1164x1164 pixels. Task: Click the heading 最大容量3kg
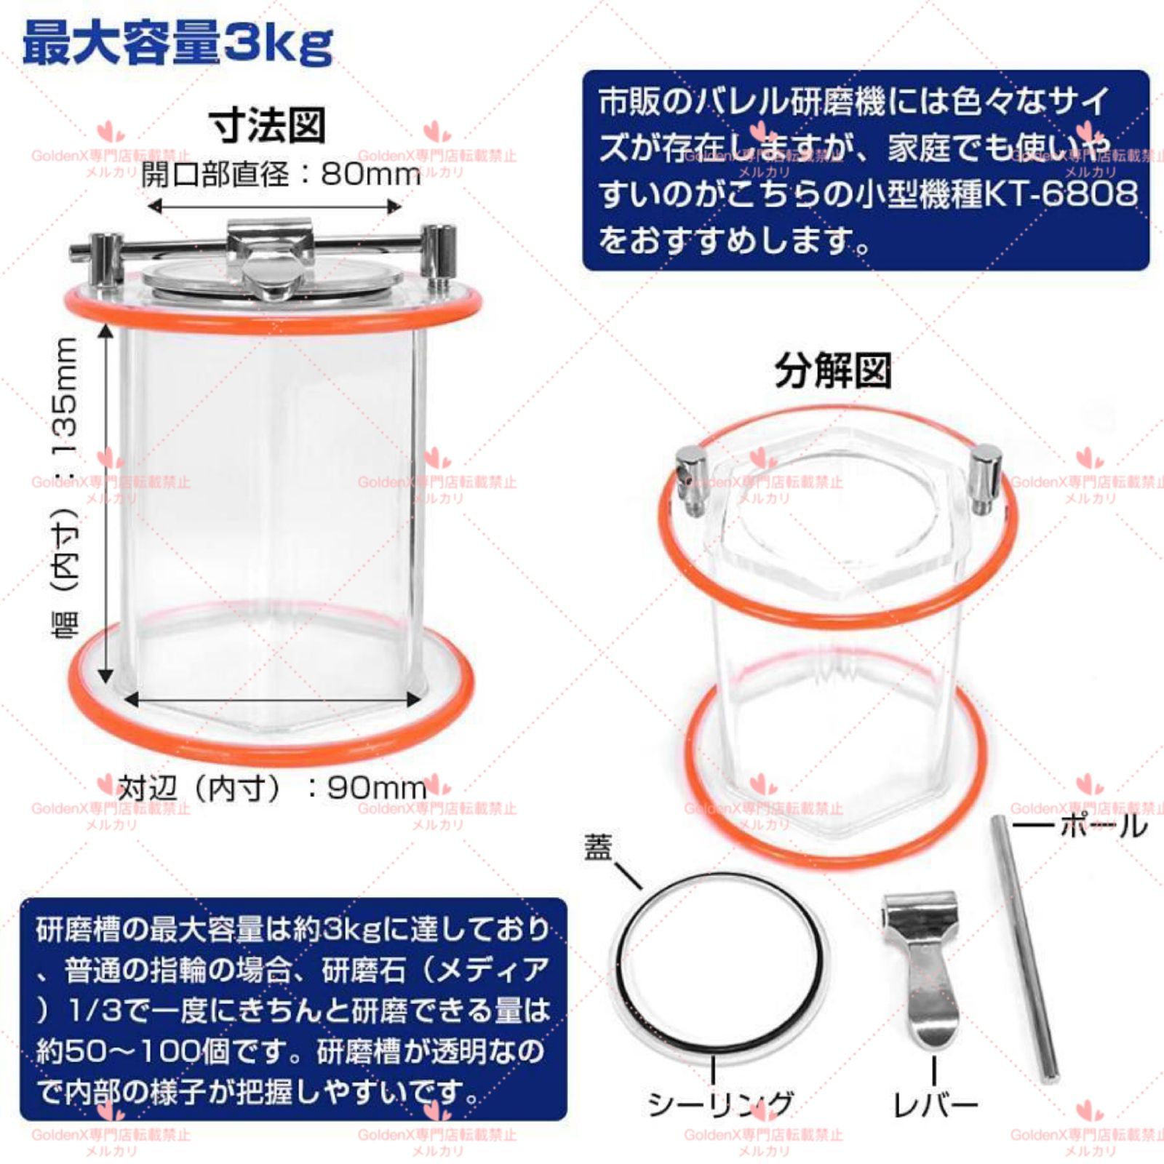click(178, 44)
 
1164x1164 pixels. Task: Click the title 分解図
click(832, 372)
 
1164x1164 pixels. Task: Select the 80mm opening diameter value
click(371, 175)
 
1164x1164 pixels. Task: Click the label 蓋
click(599, 848)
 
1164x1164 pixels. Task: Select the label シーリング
click(719, 1104)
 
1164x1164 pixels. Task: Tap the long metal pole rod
click(1022, 946)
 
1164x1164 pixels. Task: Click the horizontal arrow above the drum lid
click(274, 207)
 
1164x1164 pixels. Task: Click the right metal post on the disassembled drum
click(985, 477)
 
